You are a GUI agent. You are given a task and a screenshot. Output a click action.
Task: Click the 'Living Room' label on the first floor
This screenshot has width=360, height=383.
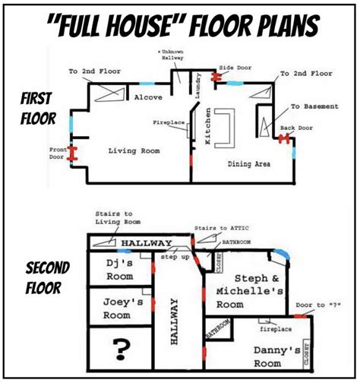tap(134, 151)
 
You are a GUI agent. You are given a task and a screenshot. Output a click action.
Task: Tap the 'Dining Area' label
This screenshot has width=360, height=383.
tap(250, 163)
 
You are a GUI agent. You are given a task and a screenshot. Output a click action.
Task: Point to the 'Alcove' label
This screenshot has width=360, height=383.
tap(148, 98)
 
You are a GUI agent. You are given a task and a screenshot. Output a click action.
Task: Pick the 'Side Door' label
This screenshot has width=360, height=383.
tap(235, 68)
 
